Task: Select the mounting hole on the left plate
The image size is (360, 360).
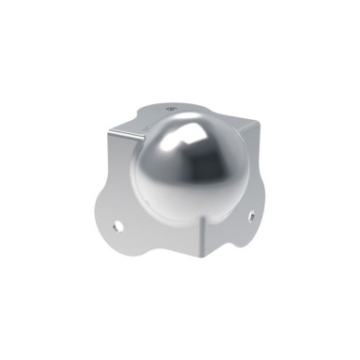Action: point(118,224)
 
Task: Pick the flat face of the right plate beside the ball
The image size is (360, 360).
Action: point(237,181)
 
